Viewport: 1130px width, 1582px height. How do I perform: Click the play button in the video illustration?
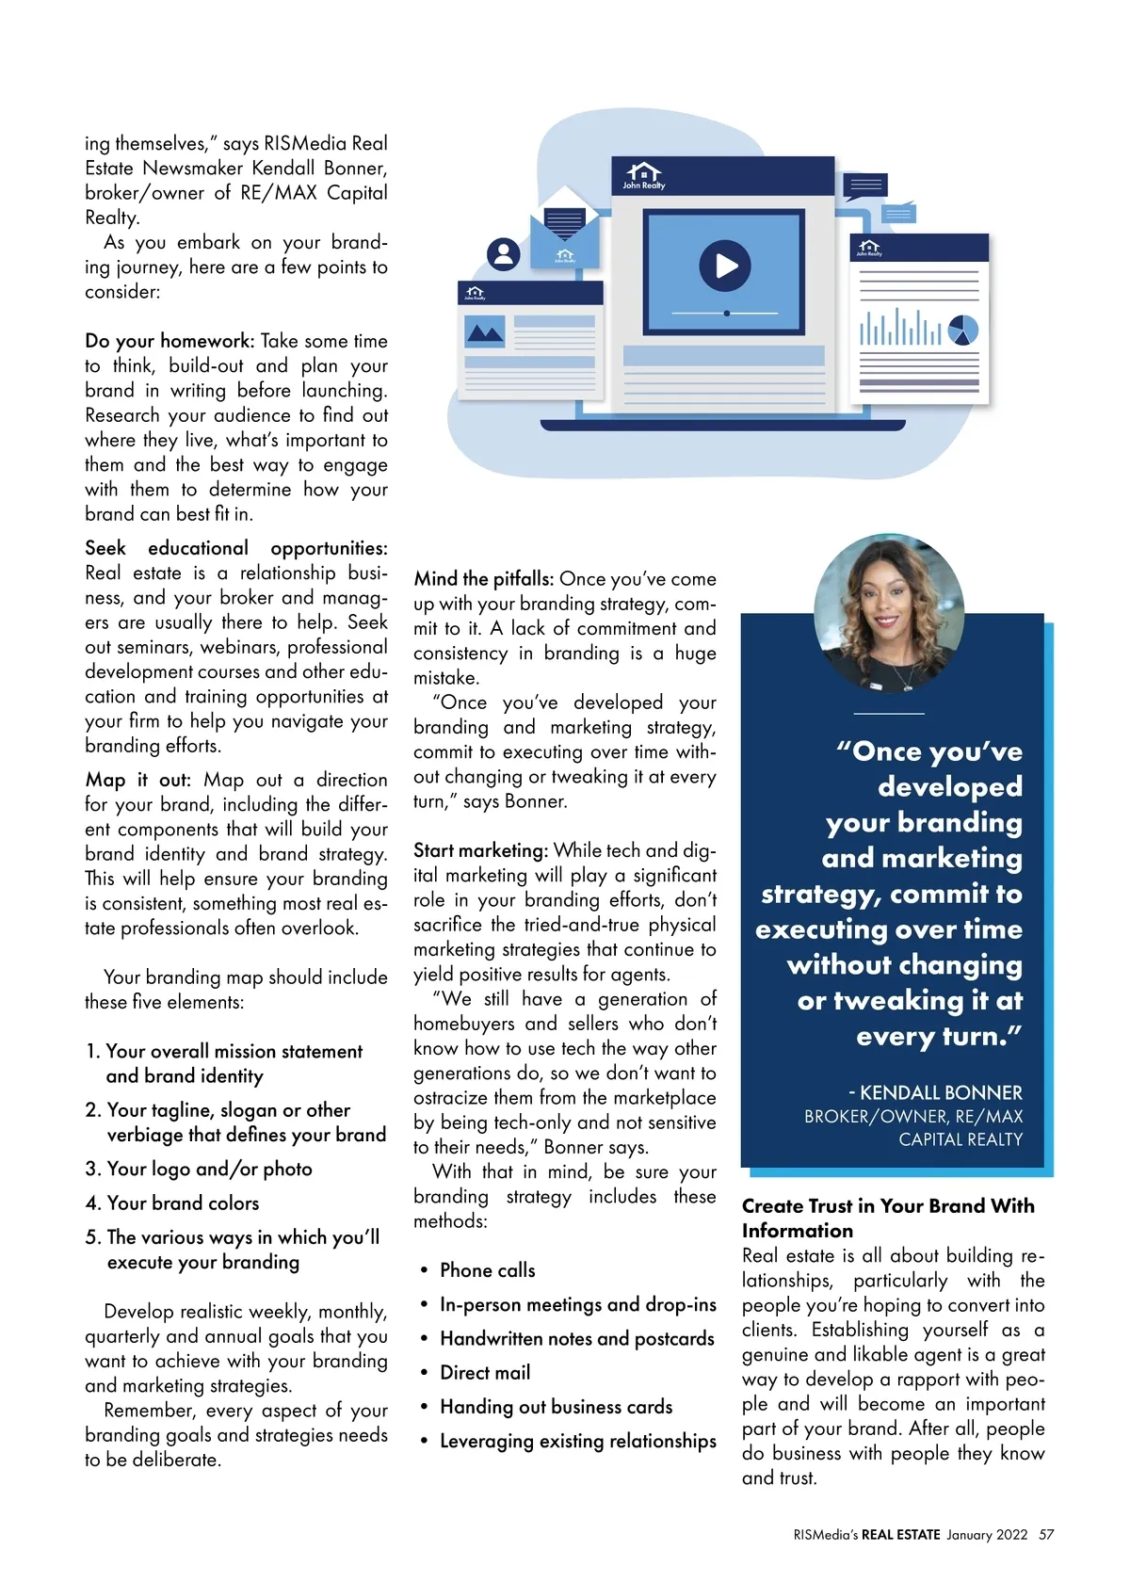click(x=724, y=265)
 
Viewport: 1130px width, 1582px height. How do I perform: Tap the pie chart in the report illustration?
click(x=963, y=331)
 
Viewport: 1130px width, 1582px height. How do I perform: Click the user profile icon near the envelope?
click(x=503, y=254)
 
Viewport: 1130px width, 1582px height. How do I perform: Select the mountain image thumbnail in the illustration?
click(x=486, y=331)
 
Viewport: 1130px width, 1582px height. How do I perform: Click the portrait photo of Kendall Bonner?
click(x=888, y=613)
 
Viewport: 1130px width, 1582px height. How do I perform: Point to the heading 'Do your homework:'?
click(x=169, y=341)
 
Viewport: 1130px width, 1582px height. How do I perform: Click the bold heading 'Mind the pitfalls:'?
click(x=484, y=579)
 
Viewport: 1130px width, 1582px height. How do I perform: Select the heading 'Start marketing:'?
click(x=480, y=850)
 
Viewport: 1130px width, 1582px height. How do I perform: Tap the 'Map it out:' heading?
click(x=137, y=780)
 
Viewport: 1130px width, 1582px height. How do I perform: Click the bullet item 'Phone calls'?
click(x=487, y=1270)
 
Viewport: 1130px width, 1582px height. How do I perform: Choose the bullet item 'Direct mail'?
click(x=485, y=1373)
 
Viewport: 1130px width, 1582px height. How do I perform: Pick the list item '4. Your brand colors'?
click(x=172, y=1203)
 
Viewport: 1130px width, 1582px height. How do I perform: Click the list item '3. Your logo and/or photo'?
click(x=199, y=1169)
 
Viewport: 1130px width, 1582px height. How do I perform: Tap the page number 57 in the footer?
click(x=1046, y=1535)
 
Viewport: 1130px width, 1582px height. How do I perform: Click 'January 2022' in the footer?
click(x=987, y=1535)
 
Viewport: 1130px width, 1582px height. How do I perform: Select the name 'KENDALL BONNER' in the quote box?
click(x=941, y=1093)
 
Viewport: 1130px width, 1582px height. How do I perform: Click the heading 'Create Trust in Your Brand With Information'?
click(x=887, y=1219)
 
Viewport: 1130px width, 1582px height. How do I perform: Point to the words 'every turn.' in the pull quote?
click(x=938, y=1037)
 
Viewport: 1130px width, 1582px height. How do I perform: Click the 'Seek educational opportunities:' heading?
click(x=235, y=548)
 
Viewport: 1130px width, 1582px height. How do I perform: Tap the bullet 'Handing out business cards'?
click(x=556, y=1407)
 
